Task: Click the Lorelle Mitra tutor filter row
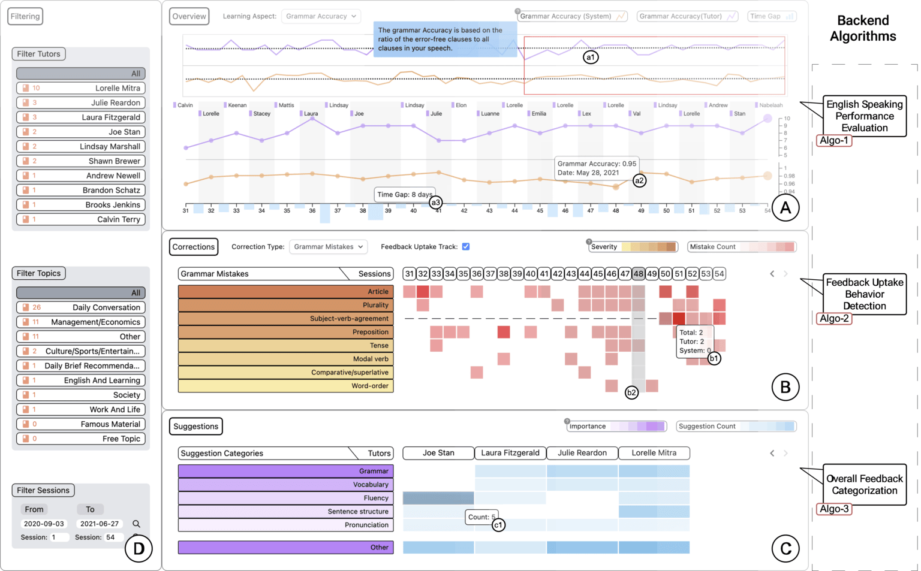81,88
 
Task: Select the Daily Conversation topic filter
81,307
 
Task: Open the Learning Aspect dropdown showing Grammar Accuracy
321,16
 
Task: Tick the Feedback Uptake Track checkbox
466,247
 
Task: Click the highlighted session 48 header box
638,274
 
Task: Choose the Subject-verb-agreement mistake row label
285,319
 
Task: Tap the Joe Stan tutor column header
438,453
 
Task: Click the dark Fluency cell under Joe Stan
438,498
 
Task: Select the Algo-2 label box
834,318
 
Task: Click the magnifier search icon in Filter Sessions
136,524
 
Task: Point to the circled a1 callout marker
591,58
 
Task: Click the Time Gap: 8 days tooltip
405,195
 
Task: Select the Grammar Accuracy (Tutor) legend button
687,16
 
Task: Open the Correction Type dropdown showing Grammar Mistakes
329,247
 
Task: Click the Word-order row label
285,386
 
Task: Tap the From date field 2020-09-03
43,524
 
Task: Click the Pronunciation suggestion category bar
285,525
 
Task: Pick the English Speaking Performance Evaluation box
864,116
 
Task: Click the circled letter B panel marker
785,388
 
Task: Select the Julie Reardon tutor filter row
81,102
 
